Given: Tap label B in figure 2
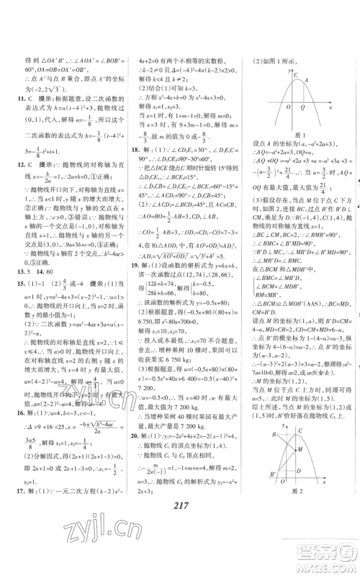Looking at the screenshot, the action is point(274,435).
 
